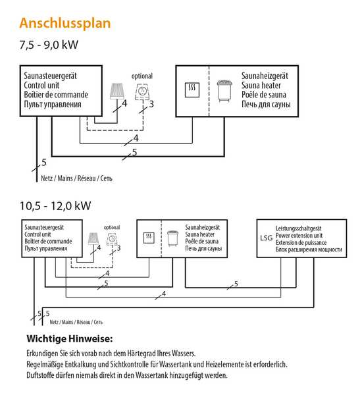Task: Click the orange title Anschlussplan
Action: pyautogui.click(x=65, y=24)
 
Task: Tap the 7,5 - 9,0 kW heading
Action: pyautogui.click(x=49, y=45)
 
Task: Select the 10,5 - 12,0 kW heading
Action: pyautogui.click(x=55, y=206)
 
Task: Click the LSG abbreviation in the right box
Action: pyautogui.click(x=267, y=238)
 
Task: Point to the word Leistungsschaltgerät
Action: pyautogui.click(x=299, y=228)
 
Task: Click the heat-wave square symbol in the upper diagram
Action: pyautogui.click(x=192, y=90)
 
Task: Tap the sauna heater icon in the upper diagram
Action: pyautogui.click(x=224, y=91)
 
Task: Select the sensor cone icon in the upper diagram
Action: pyautogui.click(x=117, y=92)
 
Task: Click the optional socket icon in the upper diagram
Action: pyautogui.click(x=143, y=92)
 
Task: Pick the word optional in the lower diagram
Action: pyautogui.click(x=112, y=227)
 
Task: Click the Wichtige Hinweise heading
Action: pyautogui.click(x=70, y=338)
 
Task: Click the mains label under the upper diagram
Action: pyautogui.click(x=76, y=178)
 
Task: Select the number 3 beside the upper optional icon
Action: pyautogui.click(x=151, y=104)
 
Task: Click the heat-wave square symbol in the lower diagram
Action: pyautogui.click(x=149, y=238)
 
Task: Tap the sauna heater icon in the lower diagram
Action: pyautogui.click(x=173, y=238)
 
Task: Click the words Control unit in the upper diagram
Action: pyautogui.click(x=41, y=85)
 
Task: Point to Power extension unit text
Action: pyautogui.click(x=299, y=236)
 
